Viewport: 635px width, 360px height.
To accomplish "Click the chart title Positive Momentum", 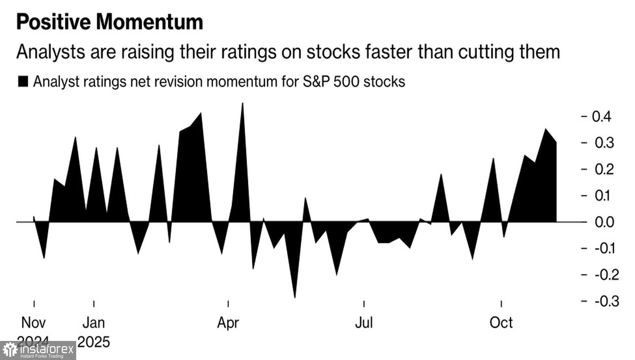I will click(110, 22).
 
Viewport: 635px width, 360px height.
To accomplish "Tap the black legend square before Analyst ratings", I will click(23, 81).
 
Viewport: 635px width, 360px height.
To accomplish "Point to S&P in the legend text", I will click(316, 81).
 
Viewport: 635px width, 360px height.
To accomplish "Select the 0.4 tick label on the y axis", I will click(601, 116).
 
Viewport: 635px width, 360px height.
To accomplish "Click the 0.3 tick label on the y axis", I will click(604, 143).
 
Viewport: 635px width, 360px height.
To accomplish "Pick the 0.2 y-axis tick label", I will click(604, 169).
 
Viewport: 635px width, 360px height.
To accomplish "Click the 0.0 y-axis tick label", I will click(604, 222).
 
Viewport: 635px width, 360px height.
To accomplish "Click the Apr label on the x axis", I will click(228, 323).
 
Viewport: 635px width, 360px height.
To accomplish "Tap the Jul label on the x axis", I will click(364, 323).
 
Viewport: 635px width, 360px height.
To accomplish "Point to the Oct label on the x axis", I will click(501, 323).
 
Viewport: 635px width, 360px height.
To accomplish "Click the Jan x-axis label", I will click(94, 323).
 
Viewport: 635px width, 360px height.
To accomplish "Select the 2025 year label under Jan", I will click(94, 341).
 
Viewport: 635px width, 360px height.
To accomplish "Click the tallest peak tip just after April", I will click(243, 103).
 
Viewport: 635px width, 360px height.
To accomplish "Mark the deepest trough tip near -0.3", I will click(295, 298).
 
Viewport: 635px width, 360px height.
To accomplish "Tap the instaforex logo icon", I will click(10, 350).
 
